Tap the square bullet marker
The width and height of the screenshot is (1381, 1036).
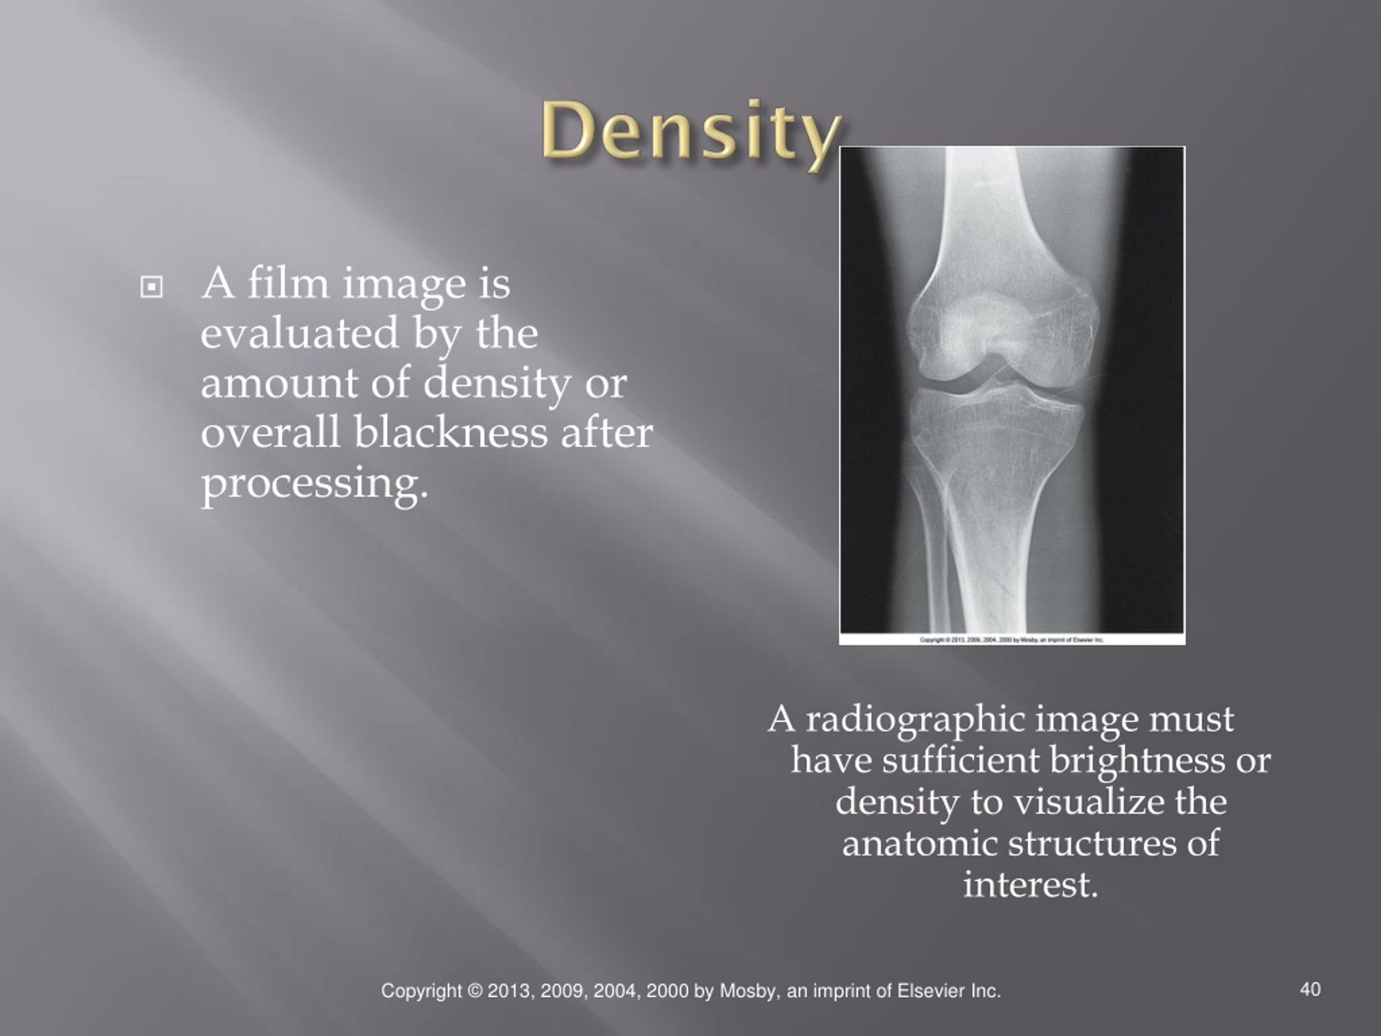(151, 287)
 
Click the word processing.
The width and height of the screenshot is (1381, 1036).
(315, 485)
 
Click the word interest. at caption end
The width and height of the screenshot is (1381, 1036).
(1030, 885)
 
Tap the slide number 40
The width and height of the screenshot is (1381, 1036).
(1310, 989)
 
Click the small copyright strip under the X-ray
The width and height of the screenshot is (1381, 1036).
(1012, 639)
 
